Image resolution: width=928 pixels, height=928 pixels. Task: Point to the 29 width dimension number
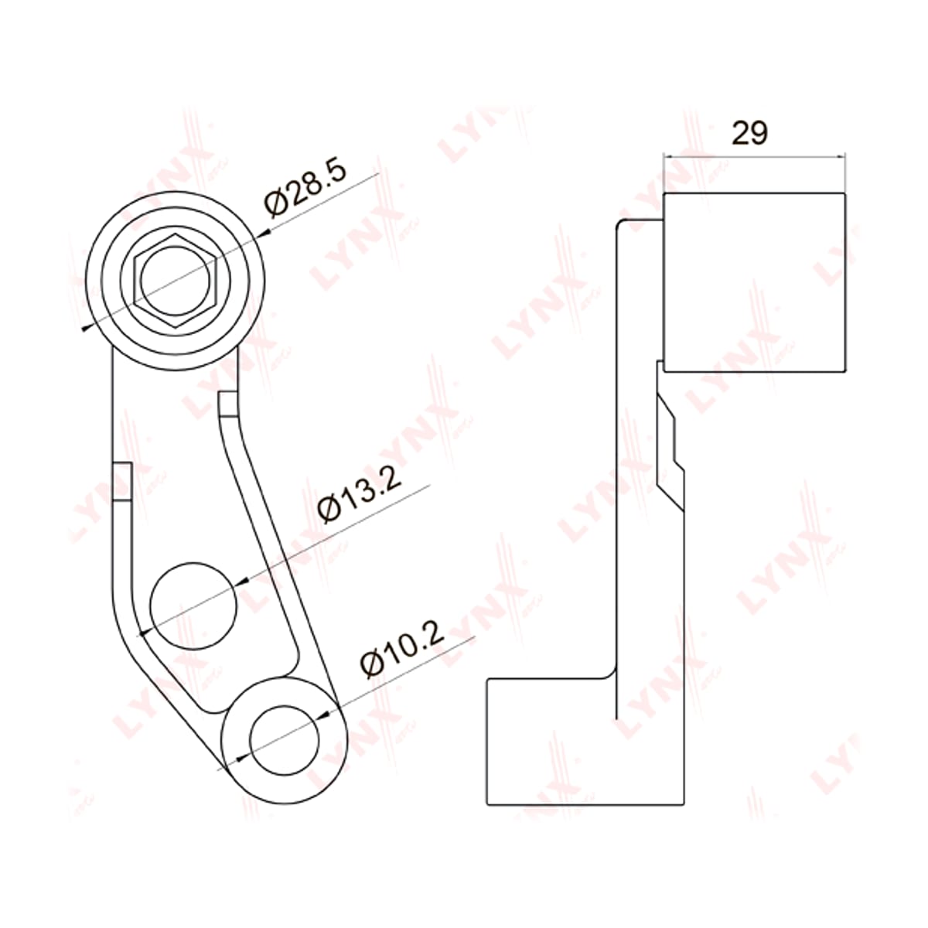[749, 132]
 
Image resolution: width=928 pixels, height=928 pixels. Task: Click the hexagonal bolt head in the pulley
[176, 281]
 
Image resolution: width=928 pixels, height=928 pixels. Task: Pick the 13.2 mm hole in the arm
[193, 606]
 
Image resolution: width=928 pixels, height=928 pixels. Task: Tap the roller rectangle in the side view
[754, 282]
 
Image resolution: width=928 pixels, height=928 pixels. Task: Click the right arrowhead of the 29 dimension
[841, 155]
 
